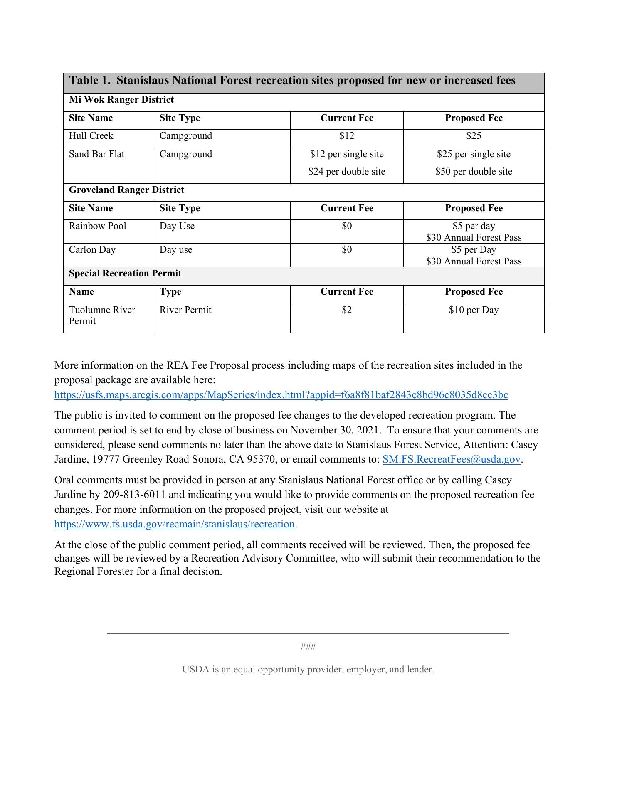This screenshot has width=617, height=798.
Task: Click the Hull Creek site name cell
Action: [x=91, y=136]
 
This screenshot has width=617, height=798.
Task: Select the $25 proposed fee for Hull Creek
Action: [x=474, y=136]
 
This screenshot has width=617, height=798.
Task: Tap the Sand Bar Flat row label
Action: [x=96, y=154]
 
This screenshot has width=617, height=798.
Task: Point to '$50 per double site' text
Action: [x=474, y=172]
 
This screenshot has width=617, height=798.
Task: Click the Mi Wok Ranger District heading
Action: [x=121, y=100]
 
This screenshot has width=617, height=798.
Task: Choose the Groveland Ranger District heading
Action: [x=126, y=190]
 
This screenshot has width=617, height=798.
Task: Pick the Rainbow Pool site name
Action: [x=98, y=226]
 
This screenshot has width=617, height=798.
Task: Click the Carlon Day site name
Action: [x=92, y=250]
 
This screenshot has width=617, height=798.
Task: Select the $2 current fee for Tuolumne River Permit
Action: [x=347, y=310]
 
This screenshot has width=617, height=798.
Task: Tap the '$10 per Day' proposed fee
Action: [x=474, y=310]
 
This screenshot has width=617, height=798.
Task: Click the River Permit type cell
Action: [x=185, y=310]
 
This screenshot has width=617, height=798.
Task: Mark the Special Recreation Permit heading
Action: [x=125, y=273]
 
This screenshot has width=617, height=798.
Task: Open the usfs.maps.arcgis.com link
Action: [x=281, y=395]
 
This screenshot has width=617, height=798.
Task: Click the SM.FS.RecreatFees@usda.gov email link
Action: [x=451, y=459]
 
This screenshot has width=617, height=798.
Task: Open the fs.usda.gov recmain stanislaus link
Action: [x=175, y=524]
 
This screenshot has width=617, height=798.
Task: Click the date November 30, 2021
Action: [x=335, y=430]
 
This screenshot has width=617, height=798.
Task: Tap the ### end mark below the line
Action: [x=308, y=646]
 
